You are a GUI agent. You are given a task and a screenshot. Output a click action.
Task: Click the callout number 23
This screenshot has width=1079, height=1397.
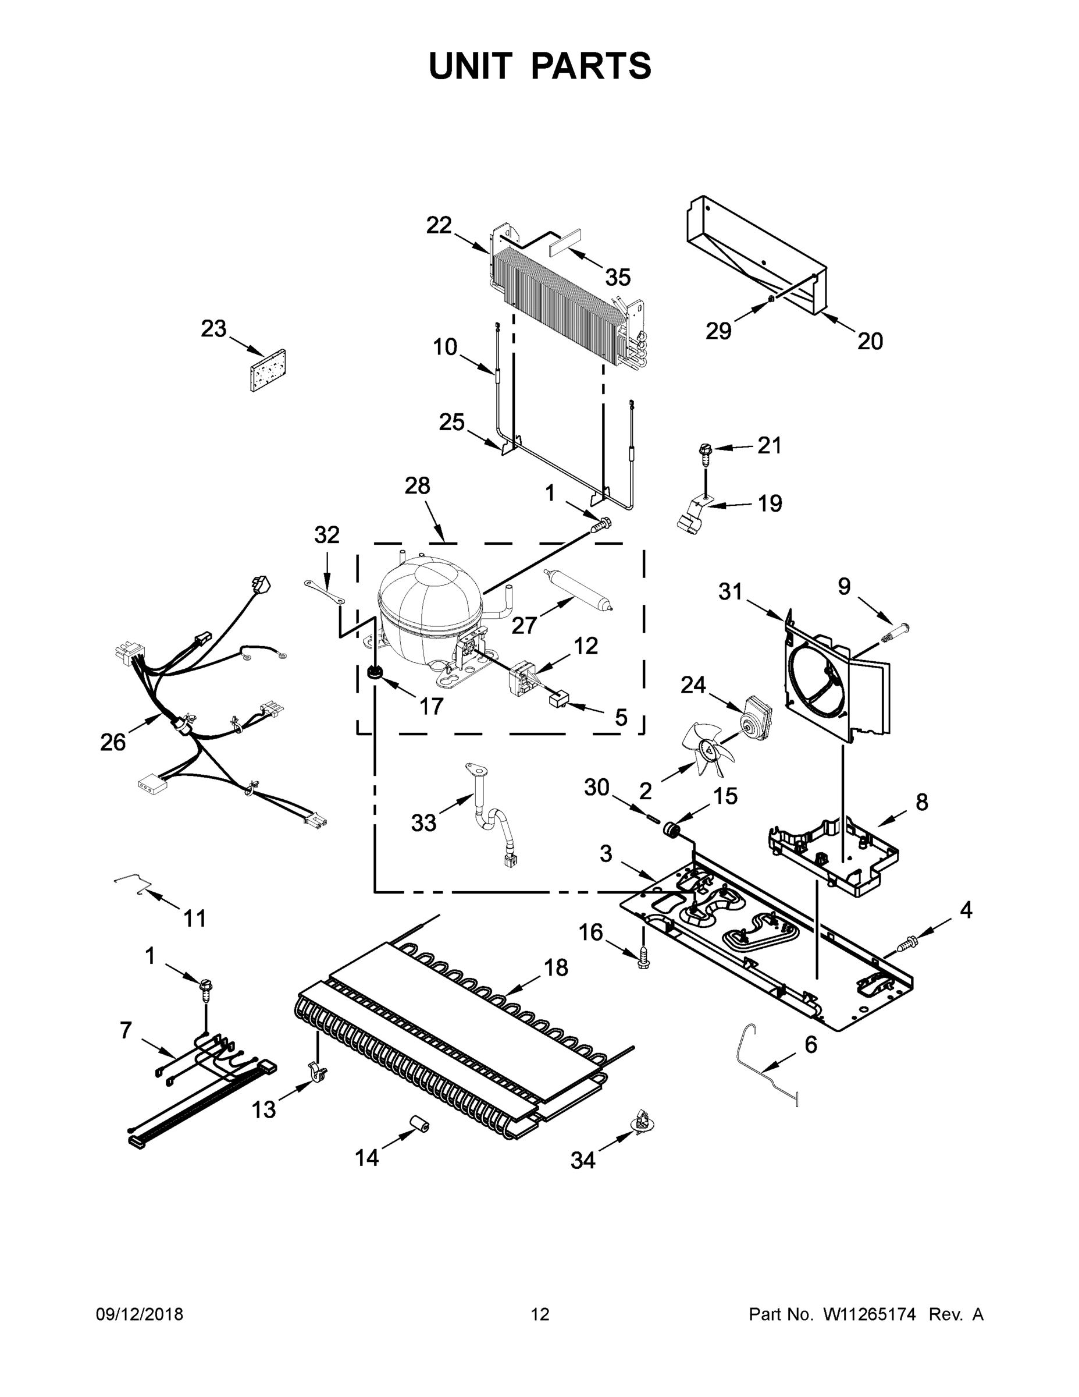(x=213, y=328)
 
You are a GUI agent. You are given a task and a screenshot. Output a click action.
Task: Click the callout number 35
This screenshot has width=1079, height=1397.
(x=618, y=278)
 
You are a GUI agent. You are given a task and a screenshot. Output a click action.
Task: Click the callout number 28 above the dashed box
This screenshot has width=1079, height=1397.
(x=417, y=486)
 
